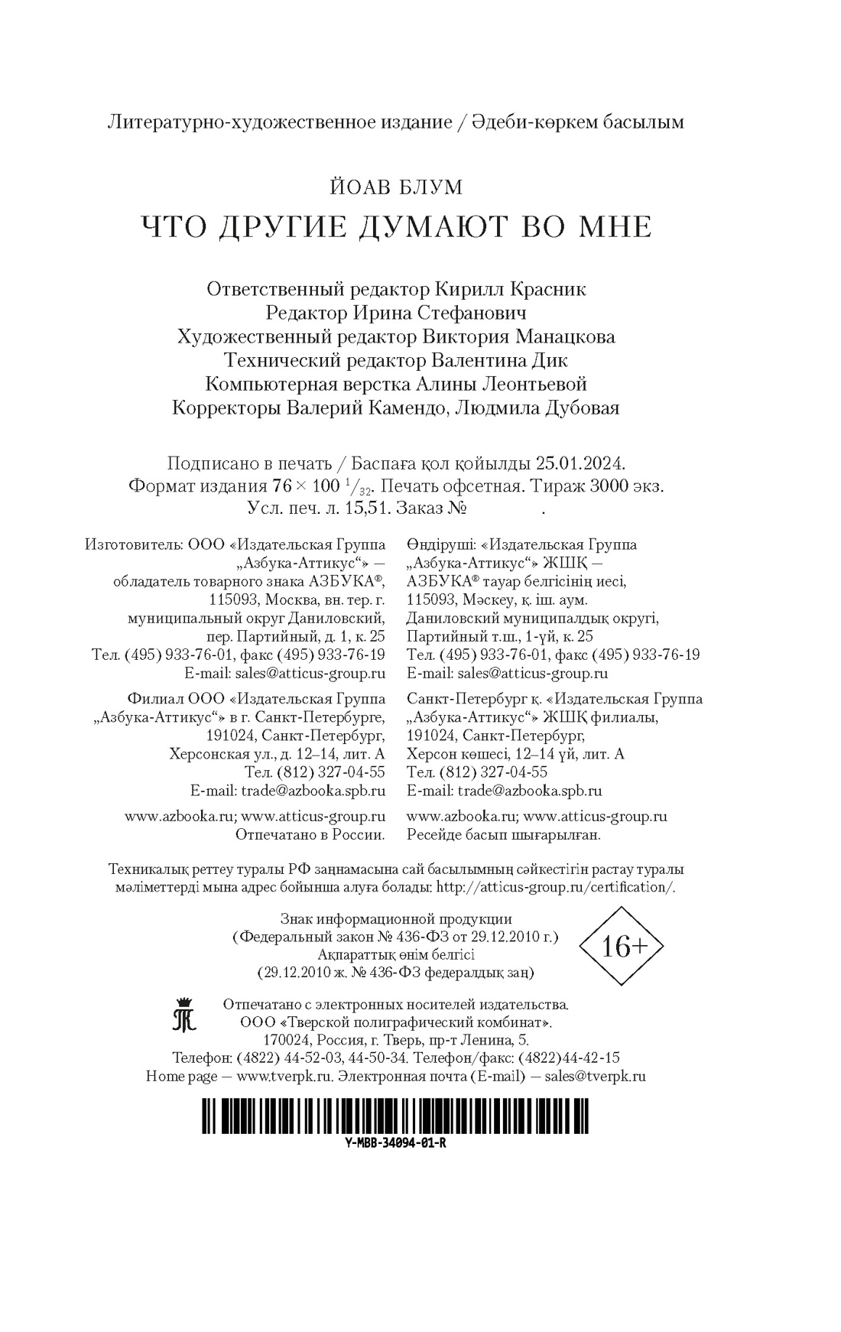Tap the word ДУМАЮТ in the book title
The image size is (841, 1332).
click(x=451, y=227)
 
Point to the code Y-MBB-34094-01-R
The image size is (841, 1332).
click(x=396, y=1144)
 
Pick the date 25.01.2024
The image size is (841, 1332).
click(x=580, y=463)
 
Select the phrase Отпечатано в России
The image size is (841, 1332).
click(x=310, y=834)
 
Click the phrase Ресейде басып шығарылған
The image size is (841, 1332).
click(x=505, y=834)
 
